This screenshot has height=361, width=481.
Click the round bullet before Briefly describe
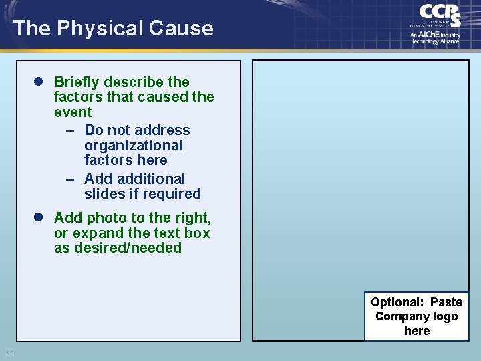coord(39,82)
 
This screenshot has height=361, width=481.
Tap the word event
coord(73,112)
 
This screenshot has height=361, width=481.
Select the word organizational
coord(133,146)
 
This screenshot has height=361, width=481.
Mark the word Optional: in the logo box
coord(397,302)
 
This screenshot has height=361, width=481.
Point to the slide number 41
coord(10,352)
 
